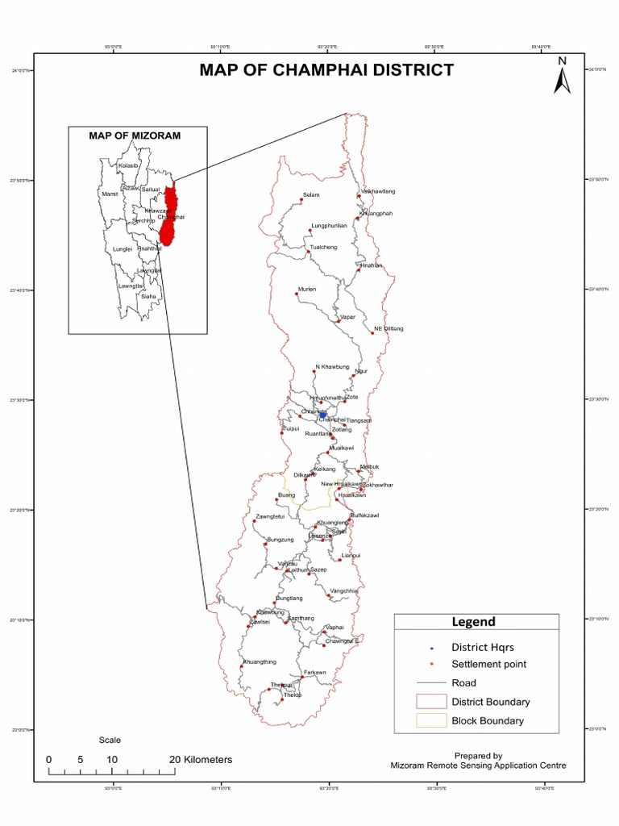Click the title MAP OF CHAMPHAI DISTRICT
(326, 70)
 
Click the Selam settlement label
(311, 195)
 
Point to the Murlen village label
(307, 289)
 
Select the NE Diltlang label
(388, 329)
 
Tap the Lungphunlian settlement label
(329, 226)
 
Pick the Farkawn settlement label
(314, 672)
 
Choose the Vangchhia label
(344, 590)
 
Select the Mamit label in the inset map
(110, 194)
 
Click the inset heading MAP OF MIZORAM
(135, 136)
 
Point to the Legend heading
(473, 622)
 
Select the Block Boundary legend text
(487, 721)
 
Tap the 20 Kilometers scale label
(201, 760)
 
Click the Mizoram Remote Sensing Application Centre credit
(478, 766)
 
